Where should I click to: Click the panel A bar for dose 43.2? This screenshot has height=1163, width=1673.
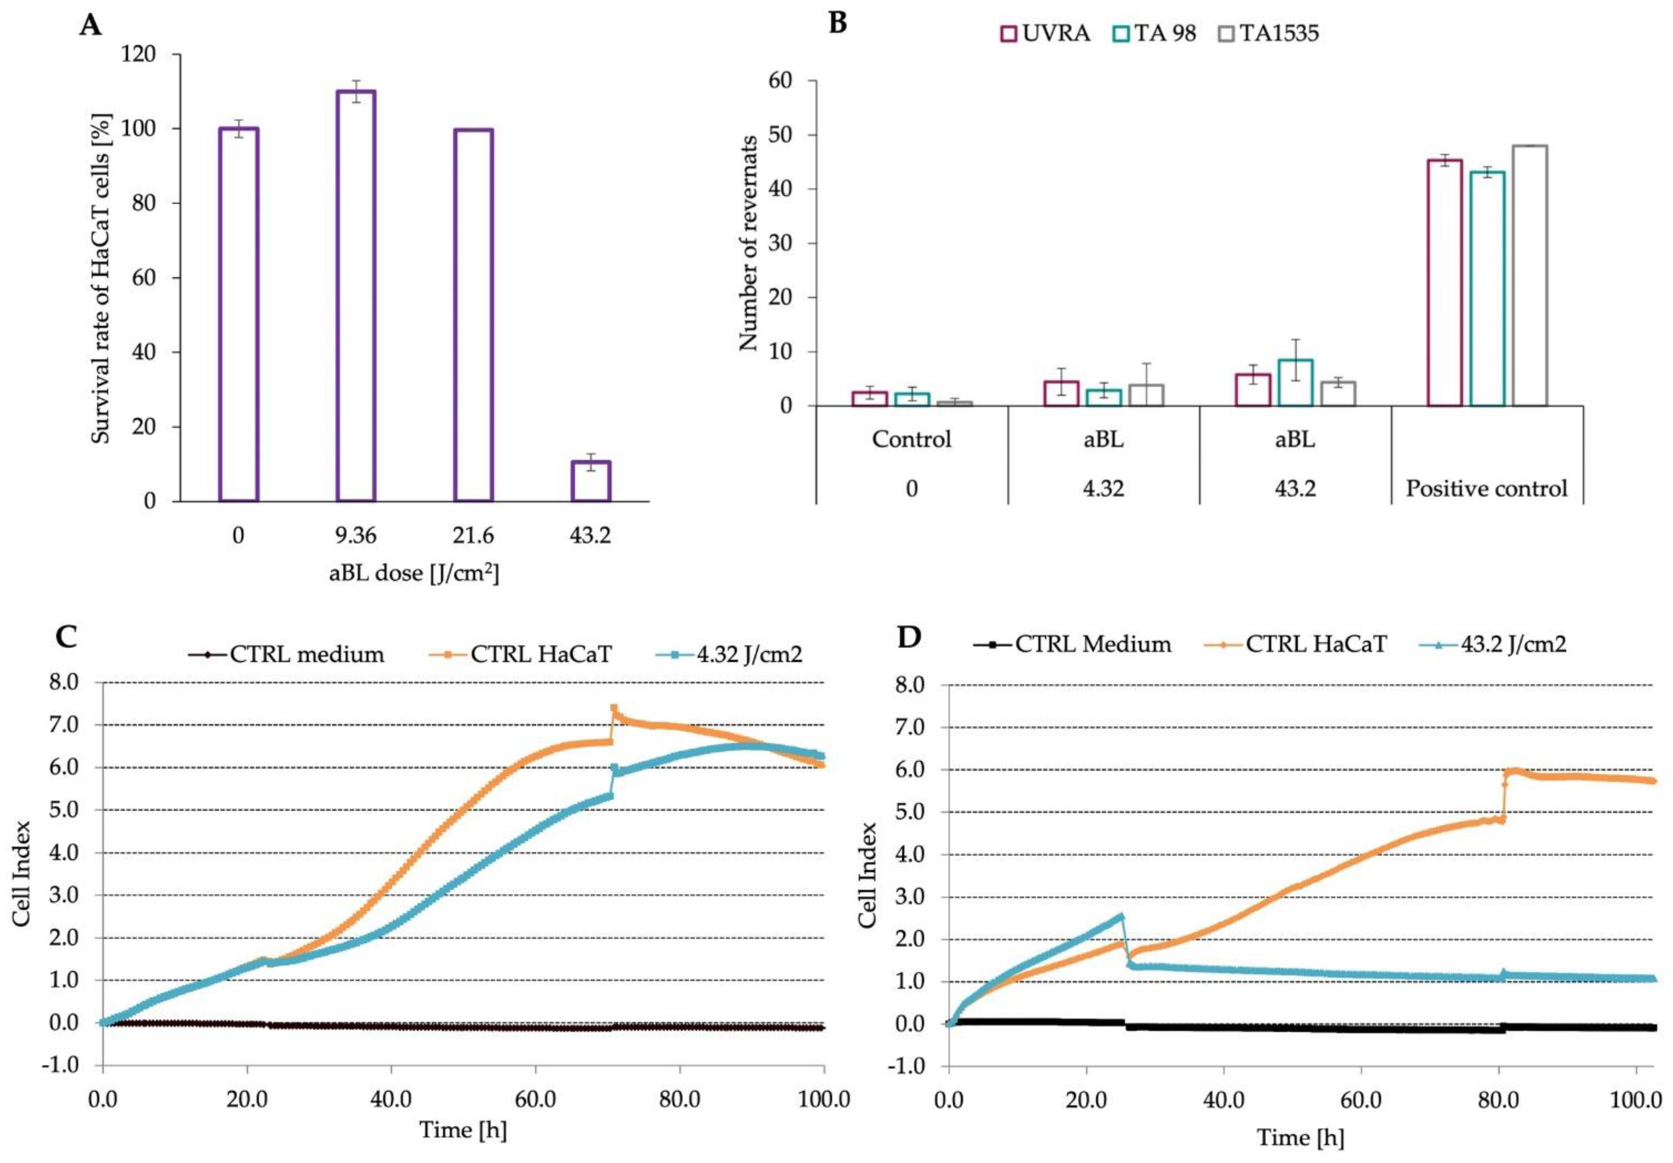pos(591,481)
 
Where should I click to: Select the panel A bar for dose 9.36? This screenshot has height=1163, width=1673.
pos(356,296)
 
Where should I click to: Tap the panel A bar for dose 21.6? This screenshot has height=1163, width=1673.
pos(473,315)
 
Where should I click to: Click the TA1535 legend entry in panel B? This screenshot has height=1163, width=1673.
pos(1268,33)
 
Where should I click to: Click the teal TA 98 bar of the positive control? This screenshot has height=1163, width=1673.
pos(1487,288)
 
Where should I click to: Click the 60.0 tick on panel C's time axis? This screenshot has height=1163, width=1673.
pos(536,1098)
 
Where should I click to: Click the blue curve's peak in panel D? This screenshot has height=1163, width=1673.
pos(1121,917)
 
